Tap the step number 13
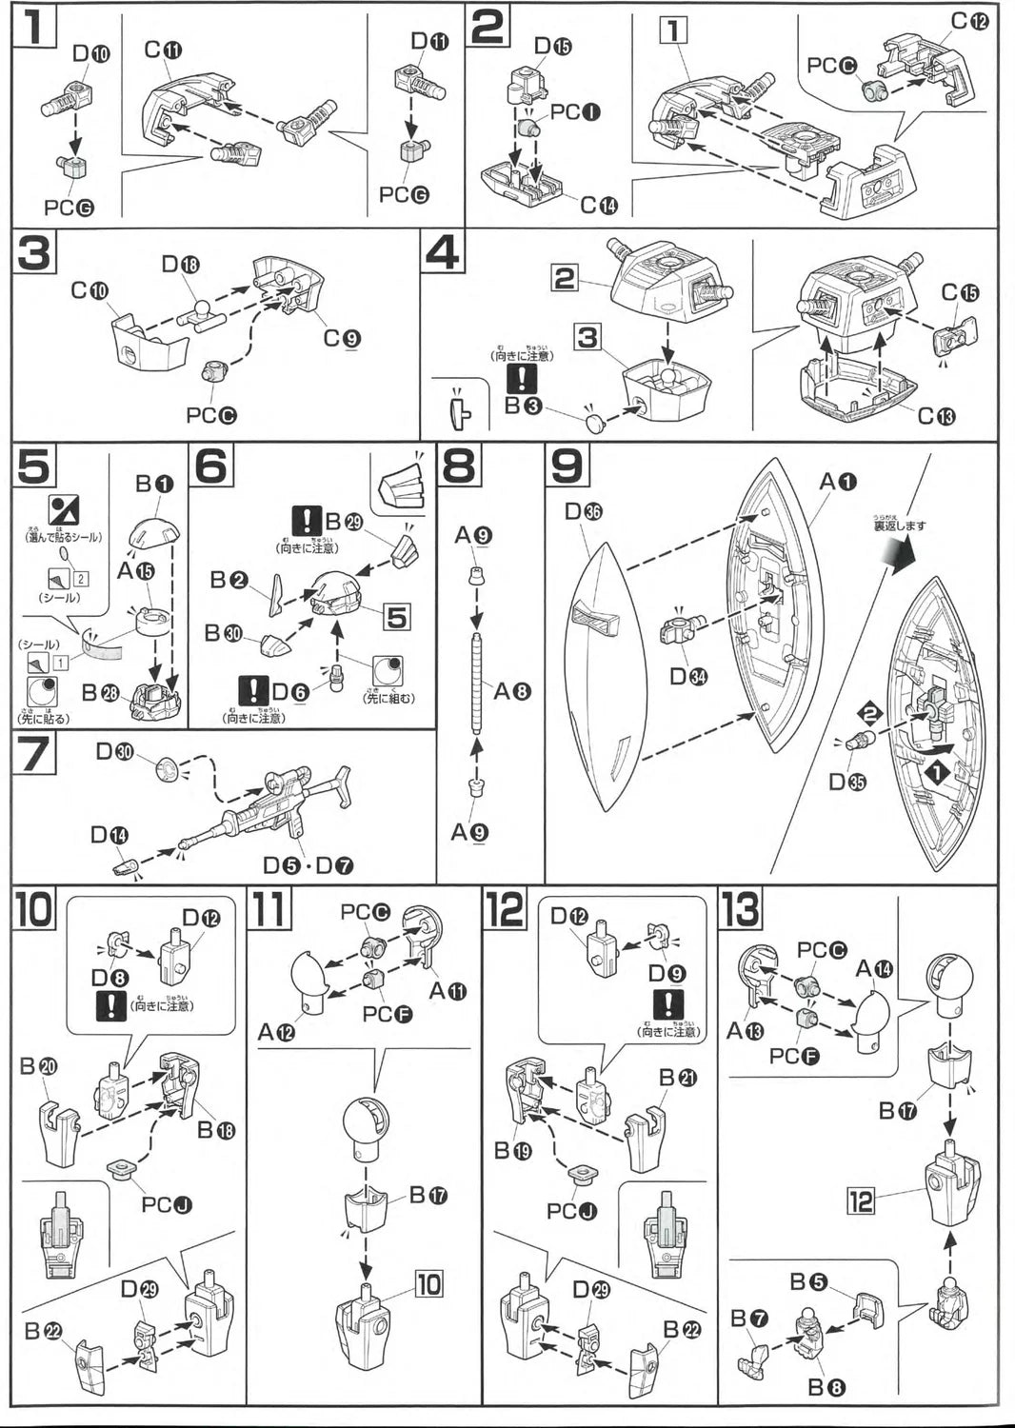pos(740,910)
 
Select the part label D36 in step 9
pos(584,512)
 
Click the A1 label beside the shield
pos(838,483)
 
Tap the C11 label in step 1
pos(164,50)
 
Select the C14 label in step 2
pos(599,205)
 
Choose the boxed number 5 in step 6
pos(396,617)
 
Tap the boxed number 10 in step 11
pos(428,1284)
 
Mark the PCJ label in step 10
pos(167,1204)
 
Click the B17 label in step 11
pos(428,1196)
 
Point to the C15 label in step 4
pos(959,293)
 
